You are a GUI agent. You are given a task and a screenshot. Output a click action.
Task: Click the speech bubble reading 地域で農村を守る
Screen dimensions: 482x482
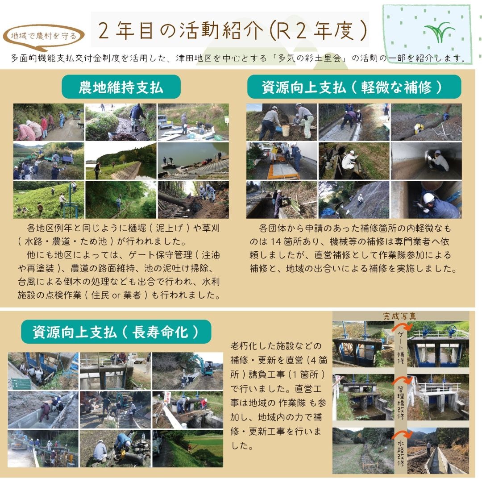point(43,37)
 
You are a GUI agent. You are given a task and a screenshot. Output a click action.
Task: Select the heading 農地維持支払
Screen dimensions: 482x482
point(121,87)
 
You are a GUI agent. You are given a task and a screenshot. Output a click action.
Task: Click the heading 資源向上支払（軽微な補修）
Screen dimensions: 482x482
point(354,87)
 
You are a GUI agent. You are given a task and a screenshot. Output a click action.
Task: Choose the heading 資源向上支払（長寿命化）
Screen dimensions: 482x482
point(116,332)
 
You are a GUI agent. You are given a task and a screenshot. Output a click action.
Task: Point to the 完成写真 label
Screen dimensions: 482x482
point(399,316)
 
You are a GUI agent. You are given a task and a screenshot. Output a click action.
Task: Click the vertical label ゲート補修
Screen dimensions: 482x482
point(401,347)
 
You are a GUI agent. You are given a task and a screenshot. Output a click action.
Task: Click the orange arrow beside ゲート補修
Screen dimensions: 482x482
point(402,326)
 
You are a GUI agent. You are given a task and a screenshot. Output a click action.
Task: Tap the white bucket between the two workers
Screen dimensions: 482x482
point(286,131)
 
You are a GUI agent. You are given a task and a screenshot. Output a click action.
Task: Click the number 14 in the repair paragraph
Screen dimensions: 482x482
point(276,241)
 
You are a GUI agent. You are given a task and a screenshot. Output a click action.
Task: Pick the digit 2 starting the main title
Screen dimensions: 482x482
point(104,31)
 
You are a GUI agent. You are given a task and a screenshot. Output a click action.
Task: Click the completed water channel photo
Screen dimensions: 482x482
point(438,451)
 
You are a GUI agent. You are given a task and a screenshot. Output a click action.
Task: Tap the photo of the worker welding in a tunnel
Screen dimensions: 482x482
point(426,161)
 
